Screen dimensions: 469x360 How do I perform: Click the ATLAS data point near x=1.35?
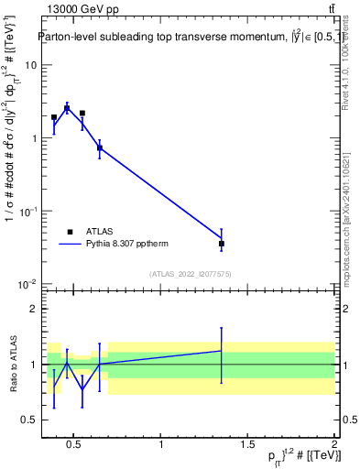click(x=222, y=244)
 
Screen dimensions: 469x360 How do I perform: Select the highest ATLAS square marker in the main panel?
click(x=67, y=108)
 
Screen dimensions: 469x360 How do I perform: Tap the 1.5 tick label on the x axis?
click(x=248, y=445)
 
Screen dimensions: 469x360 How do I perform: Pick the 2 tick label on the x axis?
click(x=334, y=445)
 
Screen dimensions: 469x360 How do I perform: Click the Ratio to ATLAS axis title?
click(x=13, y=365)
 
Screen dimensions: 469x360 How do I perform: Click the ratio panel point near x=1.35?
click(x=222, y=351)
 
